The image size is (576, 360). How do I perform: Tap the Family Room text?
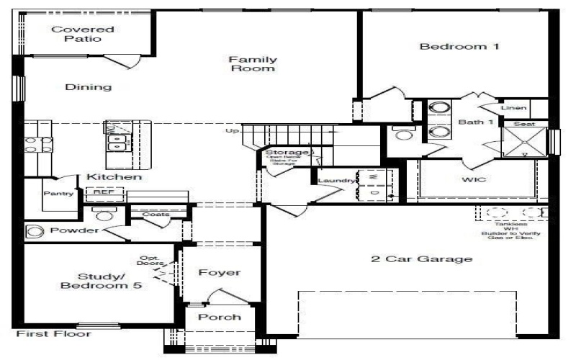tap(252, 64)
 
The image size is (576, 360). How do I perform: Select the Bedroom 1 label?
tap(449, 47)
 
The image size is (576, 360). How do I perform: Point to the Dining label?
tap(89, 87)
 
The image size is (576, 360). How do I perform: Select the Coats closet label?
tap(156, 215)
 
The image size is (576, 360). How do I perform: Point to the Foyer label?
tap(219, 273)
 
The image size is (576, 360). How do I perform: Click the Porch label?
tap(220, 317)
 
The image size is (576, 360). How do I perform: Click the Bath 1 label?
tap(476, 122)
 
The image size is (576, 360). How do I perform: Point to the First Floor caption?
tap(54, 334)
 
